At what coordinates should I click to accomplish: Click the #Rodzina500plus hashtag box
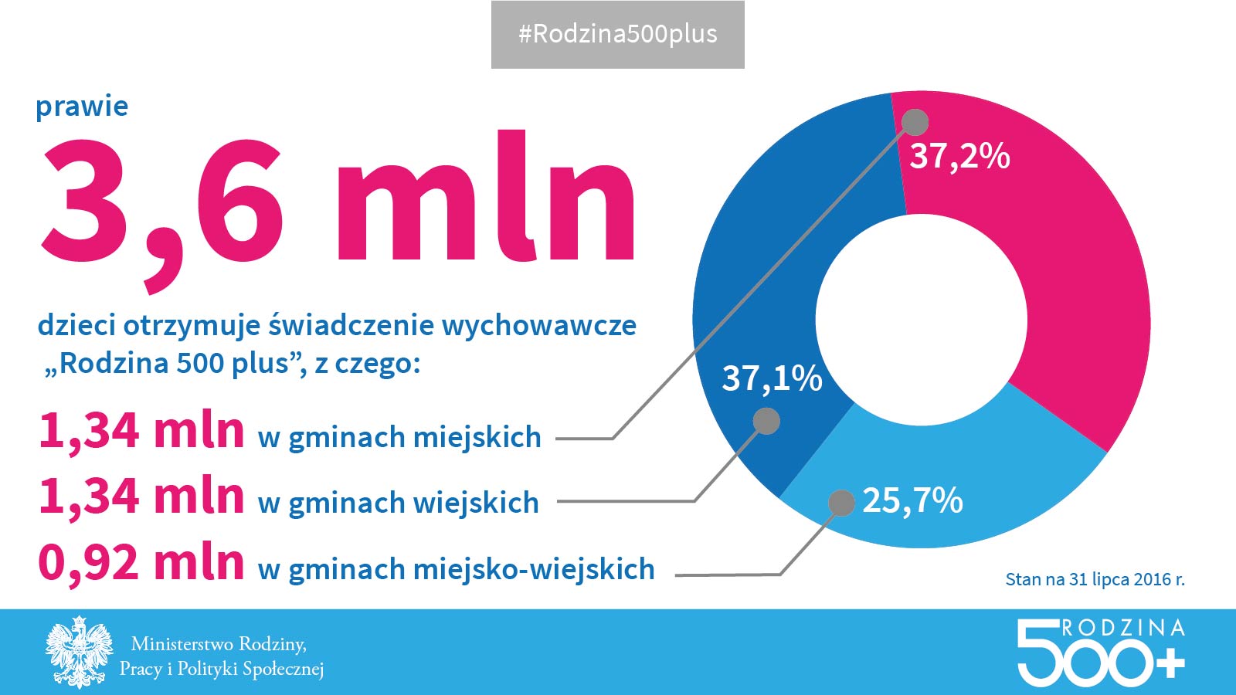[x=618, y=35]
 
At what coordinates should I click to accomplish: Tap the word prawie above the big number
[x=82, y=107]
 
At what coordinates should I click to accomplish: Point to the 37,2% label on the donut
[x=959, y=156]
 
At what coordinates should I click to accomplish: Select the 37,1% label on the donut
[x=772, y=378]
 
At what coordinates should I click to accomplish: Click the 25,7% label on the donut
[x=912, y=500]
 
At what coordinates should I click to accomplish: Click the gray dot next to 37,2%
[x=915, y=122]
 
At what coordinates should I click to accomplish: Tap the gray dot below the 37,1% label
[x=766, y=421]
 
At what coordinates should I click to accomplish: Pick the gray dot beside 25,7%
[x=841, y=503]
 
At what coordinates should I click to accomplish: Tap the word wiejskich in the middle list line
[x=476, y=503]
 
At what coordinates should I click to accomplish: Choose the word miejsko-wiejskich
[x=534, y=569]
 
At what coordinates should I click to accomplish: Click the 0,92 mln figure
[x=141, y=562]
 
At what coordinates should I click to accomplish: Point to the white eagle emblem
[x=79, y=653]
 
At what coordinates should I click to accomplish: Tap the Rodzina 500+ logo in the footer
[x=1100, y=653]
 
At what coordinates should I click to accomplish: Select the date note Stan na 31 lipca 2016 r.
[x=1095, y=579]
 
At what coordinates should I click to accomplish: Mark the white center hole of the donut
[x=922, y=319]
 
